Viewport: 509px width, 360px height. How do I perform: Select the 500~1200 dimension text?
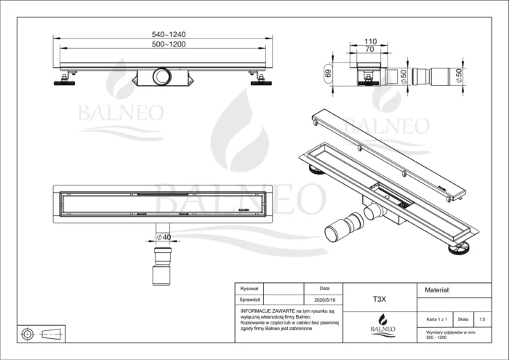tap(164, 45)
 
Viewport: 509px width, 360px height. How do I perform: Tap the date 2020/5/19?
tap(324, 299)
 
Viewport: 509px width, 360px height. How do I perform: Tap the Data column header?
tap(324, 289)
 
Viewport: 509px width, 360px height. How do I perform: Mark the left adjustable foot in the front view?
tap(64, 80)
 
